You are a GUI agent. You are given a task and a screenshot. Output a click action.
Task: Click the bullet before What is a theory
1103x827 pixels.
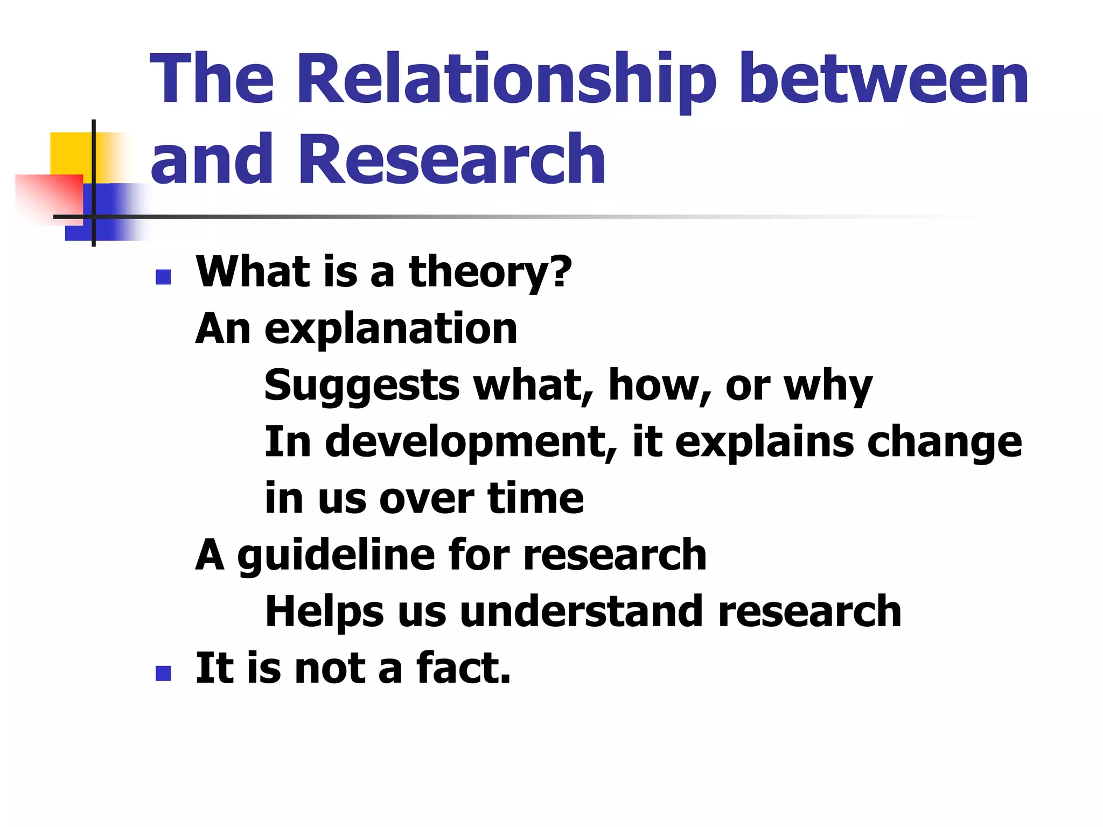pyautogui.click(x=163, y=277)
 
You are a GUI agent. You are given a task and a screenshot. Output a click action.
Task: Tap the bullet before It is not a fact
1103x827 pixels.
pyautogui.click(x=163, y=673)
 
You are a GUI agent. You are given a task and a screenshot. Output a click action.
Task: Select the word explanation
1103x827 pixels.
pyautogui.click(x=391, y=330)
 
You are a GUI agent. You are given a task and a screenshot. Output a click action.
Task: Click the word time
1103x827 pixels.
pyautogui.click(x=535, y=499)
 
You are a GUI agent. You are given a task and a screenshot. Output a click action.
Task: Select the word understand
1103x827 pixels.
pyautogui.click(x=582, y=612)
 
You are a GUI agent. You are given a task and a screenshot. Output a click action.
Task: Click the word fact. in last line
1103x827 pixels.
pyautogui.click(x=463, y=669)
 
